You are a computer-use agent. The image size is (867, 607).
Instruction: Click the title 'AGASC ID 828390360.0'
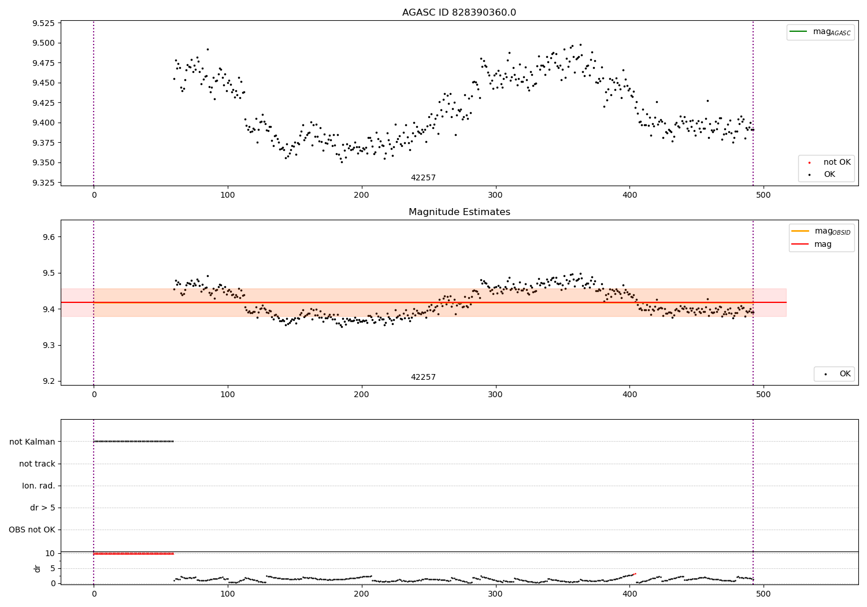tap(459, 13)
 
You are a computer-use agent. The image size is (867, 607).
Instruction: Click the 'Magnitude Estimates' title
tap(459, 212)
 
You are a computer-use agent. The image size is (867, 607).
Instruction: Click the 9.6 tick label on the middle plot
tap(49, 237)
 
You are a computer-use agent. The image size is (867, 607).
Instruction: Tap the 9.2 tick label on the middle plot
tap(49, 381)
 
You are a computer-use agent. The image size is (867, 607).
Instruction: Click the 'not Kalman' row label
tap(32, 442)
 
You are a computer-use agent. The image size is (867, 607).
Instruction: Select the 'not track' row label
tap(37, 464)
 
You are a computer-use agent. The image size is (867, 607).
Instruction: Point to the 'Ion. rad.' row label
tap(39, 486)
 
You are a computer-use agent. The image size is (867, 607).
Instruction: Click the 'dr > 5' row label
tap(43, 508)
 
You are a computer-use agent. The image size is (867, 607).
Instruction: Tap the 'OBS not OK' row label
tap(32, 530)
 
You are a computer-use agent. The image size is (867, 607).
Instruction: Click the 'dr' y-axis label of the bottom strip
tap(38, 568)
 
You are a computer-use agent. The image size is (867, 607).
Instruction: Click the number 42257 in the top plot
tap(423, 178)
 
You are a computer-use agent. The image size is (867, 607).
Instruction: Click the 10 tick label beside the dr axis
tap(50, 553)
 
